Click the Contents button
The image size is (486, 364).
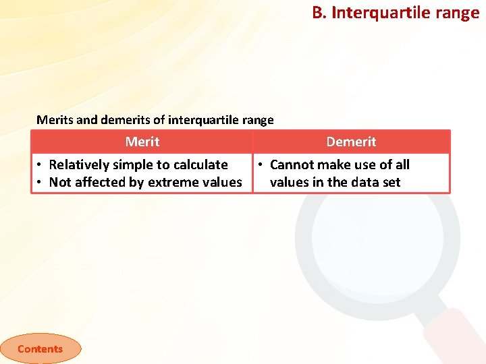click(x=40, y=348)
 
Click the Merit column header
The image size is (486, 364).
click(x=142, y=142)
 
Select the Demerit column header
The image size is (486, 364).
click(x=351, y=142)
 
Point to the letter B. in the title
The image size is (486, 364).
click(x=319, y=12)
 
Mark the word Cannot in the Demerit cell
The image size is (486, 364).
click(x=292, y=164)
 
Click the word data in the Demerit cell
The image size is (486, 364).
click(x=366, y=182)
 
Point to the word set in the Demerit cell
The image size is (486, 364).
click(x=391, y=182)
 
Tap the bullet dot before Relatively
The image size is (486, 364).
click(x=40, y=165)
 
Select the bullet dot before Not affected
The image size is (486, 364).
click(x=40, y=183)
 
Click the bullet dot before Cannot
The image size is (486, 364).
click(x=261, y=165)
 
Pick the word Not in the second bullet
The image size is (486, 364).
click(x=59, y=182)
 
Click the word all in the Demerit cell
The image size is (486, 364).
click(x=402, y=164)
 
